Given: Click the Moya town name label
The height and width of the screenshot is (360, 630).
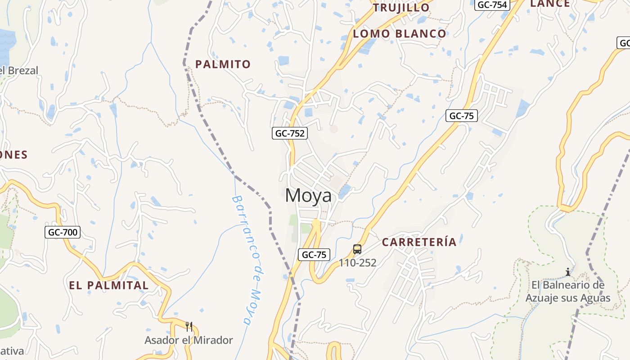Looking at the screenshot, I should click(309, 196).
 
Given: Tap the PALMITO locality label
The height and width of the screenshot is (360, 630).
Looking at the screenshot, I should click(223, 64).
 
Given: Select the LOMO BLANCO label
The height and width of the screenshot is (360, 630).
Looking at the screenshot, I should click(400, 34).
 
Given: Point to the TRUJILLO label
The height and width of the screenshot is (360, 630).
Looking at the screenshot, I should click(401, 8).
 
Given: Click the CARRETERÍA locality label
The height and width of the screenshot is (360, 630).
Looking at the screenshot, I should click(419, 242).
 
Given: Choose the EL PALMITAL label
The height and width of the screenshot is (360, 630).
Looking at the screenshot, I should click(108, 285).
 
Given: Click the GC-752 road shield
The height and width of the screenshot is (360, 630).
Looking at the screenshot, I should click(290, 133).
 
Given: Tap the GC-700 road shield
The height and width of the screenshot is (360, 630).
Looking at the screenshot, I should click(63, 232).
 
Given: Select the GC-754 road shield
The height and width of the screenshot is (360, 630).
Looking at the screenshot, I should click(492, 5).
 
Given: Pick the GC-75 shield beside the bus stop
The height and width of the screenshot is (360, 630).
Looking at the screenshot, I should click(314, 255).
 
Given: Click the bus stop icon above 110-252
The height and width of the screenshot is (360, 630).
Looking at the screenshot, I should click(357, 249).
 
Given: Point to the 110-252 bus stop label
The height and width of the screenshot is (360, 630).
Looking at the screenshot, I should click(357, 263).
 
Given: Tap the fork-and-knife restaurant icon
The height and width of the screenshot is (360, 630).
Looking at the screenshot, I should click(189, 326).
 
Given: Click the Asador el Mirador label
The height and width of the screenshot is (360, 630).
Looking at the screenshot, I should click(189, 340).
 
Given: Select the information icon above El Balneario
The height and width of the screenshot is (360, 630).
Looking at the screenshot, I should click(568, 272).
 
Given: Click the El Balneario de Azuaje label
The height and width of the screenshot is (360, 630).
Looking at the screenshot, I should click(568, 292).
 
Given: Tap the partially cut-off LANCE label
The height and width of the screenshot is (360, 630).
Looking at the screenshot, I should click(550, 4).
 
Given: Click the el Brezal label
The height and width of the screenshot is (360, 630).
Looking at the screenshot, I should click(19, 71).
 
